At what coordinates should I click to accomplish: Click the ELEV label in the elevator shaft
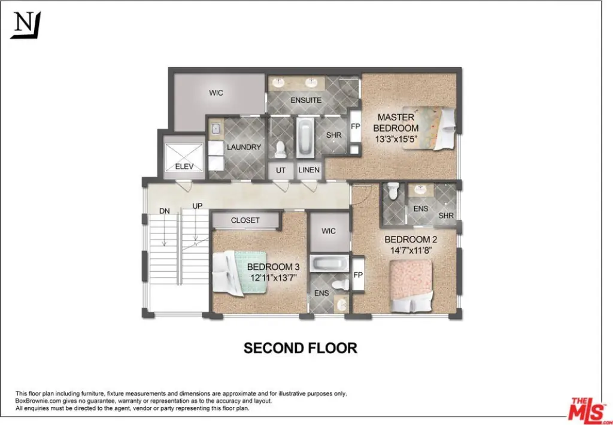184,166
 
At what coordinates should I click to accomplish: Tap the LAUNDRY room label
244,147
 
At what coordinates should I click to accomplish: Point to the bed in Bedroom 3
236,273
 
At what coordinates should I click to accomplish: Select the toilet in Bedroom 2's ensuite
393,191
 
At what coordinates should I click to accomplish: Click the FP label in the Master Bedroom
355,126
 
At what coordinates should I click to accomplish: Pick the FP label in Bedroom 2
358,275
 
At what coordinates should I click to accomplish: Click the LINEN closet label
309,171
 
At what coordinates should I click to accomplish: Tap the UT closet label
281,171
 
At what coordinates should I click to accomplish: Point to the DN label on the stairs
165,210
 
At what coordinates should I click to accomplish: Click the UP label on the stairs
198,206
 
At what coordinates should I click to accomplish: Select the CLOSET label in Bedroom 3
245,220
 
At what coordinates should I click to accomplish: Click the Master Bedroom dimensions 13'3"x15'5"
396,139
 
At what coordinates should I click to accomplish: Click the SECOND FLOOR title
300,348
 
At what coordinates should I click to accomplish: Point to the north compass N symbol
25,25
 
